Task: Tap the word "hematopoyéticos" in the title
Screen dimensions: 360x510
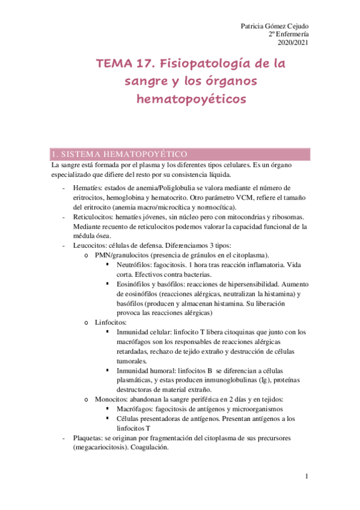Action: click(191, 99)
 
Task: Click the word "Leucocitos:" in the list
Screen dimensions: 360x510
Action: click(88, 245)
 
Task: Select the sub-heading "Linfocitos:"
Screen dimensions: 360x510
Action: click(112, 322)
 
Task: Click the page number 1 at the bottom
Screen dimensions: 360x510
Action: click(306, 476)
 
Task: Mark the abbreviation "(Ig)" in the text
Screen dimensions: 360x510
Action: click(258, 380)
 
